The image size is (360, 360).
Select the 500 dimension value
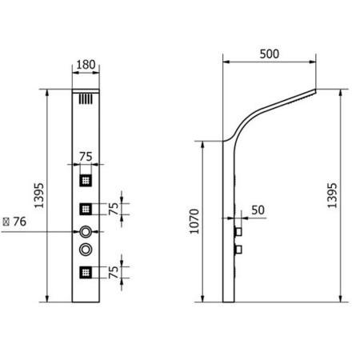point(270,54)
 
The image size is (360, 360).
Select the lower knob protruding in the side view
point(238,250)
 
